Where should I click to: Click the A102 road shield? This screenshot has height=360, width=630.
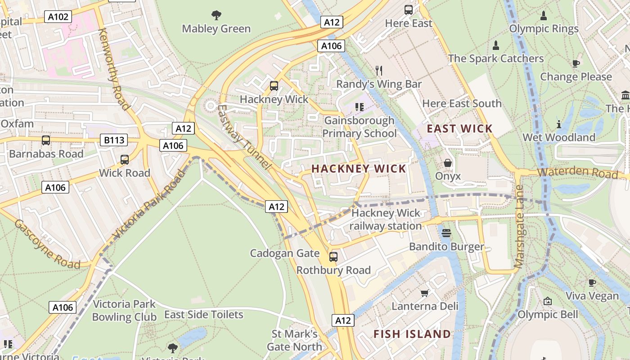pos(58,17)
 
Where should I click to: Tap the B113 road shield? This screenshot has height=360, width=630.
pos(114,140)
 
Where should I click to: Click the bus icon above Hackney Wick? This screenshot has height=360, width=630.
pos(274,85)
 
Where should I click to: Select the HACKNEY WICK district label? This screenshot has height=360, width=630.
pos(359,169)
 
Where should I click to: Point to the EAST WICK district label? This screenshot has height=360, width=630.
pos(459,129)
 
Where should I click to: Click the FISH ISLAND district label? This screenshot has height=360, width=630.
pos(412,334)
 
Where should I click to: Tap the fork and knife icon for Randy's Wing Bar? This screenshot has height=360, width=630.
pos(379,70)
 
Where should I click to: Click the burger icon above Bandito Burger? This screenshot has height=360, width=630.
pos(446,233)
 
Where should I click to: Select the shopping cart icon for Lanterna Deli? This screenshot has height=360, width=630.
pos(424,293)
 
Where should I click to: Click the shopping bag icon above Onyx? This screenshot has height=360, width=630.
pos(448,162)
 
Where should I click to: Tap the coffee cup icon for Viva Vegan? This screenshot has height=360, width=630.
pos(592,283)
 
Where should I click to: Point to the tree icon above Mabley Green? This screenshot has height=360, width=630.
pos(216,15)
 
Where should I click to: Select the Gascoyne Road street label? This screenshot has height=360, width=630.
pos(47,244)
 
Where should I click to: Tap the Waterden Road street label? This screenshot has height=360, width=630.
pos(577,172)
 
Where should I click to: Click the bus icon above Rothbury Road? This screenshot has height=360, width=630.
pos(333,256)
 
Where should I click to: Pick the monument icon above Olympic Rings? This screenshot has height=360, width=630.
pos(544,16)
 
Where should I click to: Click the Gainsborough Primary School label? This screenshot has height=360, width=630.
pos(359,127)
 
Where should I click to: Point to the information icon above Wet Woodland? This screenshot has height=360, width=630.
pos(559,124)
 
